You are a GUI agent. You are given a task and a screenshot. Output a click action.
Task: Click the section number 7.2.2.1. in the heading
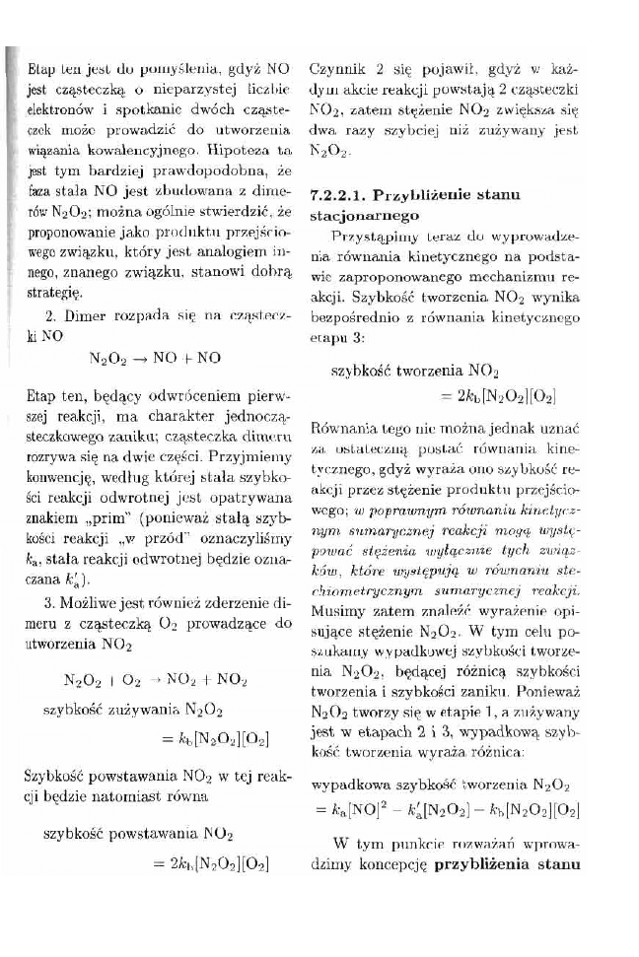(x=345, y=195)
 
